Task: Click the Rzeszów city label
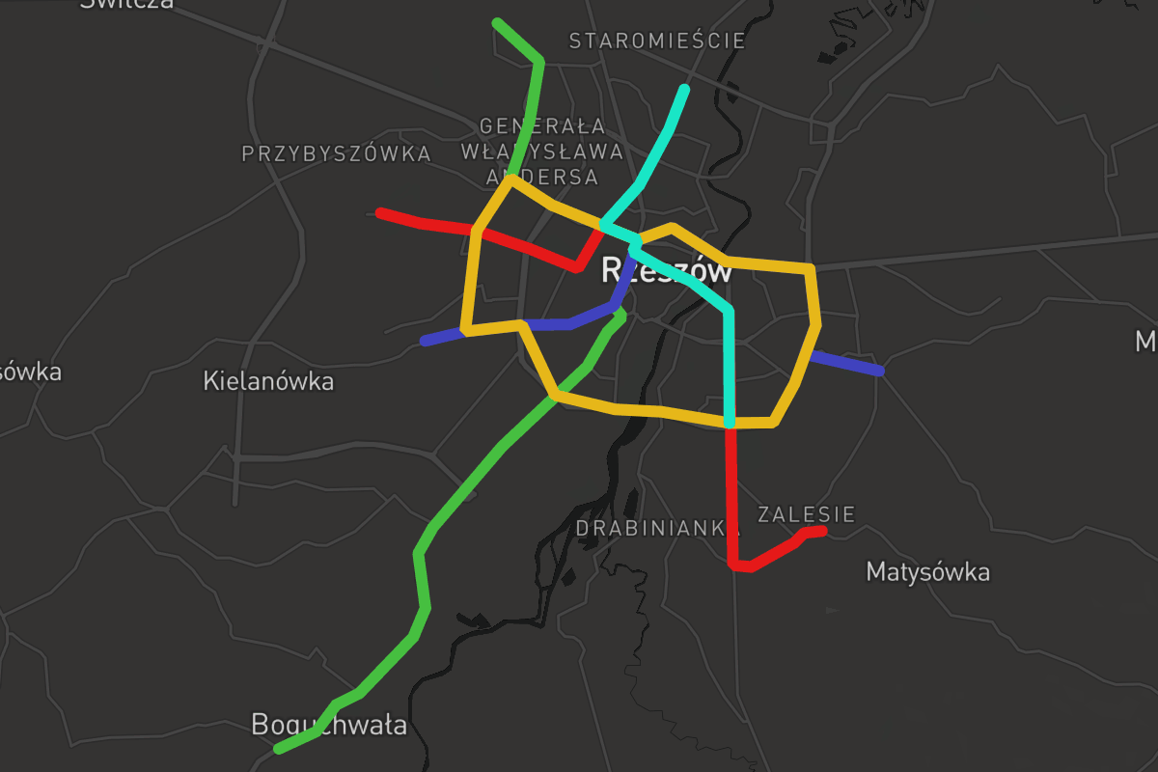pyautogui.click(x=667, y=271)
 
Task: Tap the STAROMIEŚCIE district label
pyautogui.click(x=657, y=41)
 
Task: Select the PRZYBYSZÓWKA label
pyautogui.click(x=336, y=153)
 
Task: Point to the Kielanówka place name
pyautogui.click(x=268, y=381)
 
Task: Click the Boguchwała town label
pyautogui.click(x=328, y=725)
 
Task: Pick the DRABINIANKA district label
pyautogui.click(x=650, y=528)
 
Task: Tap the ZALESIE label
pyautogui.click(x=807, y=514)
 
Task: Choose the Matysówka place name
pyautogui.click(x=927, y=571)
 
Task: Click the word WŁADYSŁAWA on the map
pyautogui.click(x=541, y=152)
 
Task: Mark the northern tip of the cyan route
pyautogui.click(x=684, y=90)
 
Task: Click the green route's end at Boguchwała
pyautogui.click(x=278, y=749)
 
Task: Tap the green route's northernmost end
pyautogui.click(x=497, y=22)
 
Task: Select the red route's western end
pyautogui.click(x=381, y=212)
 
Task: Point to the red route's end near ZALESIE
pyautogui.click(x=822, y=530)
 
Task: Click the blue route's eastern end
pyautogui.click(x=879, y=371)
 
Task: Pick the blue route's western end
pyautogui.click(x=425, y=341)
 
